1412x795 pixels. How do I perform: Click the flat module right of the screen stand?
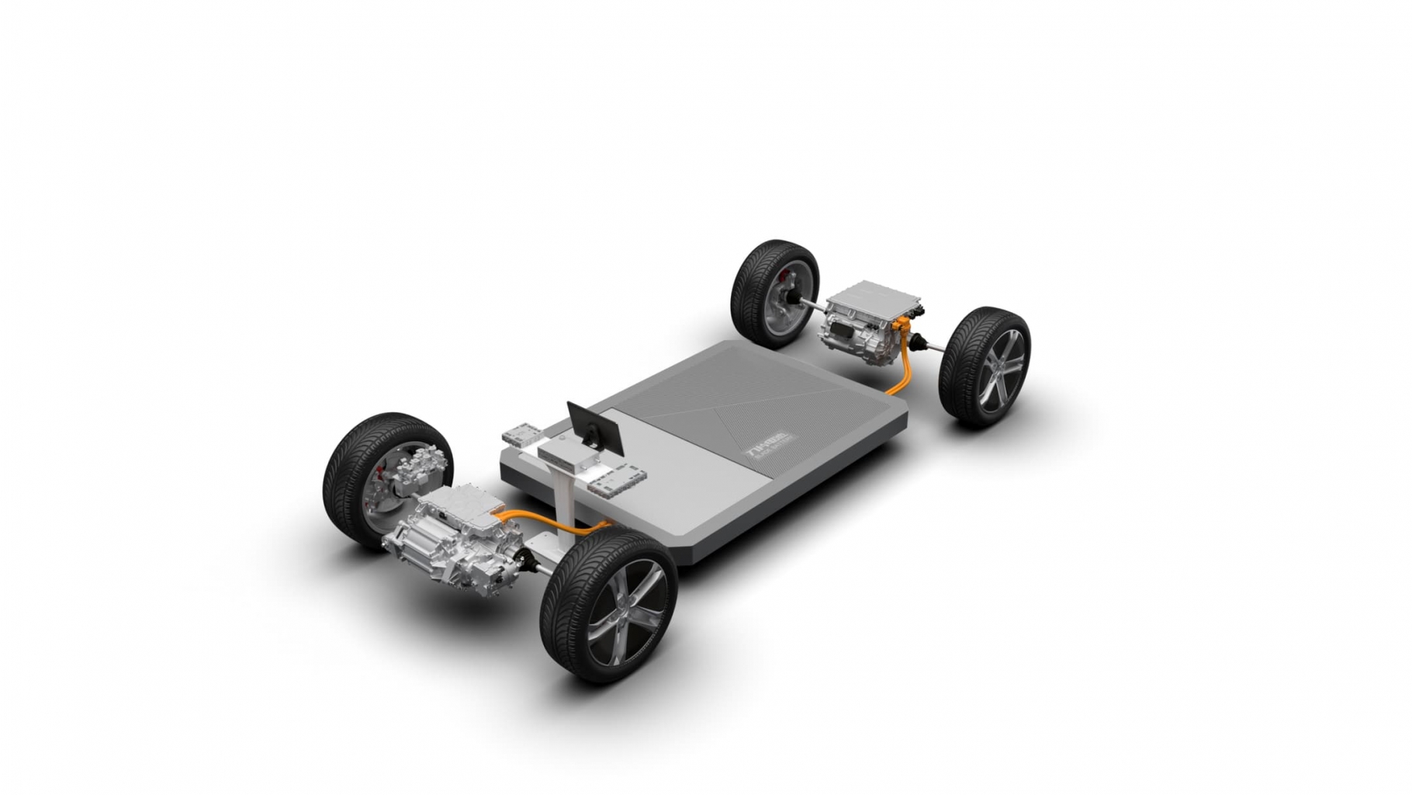(618, 479)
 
